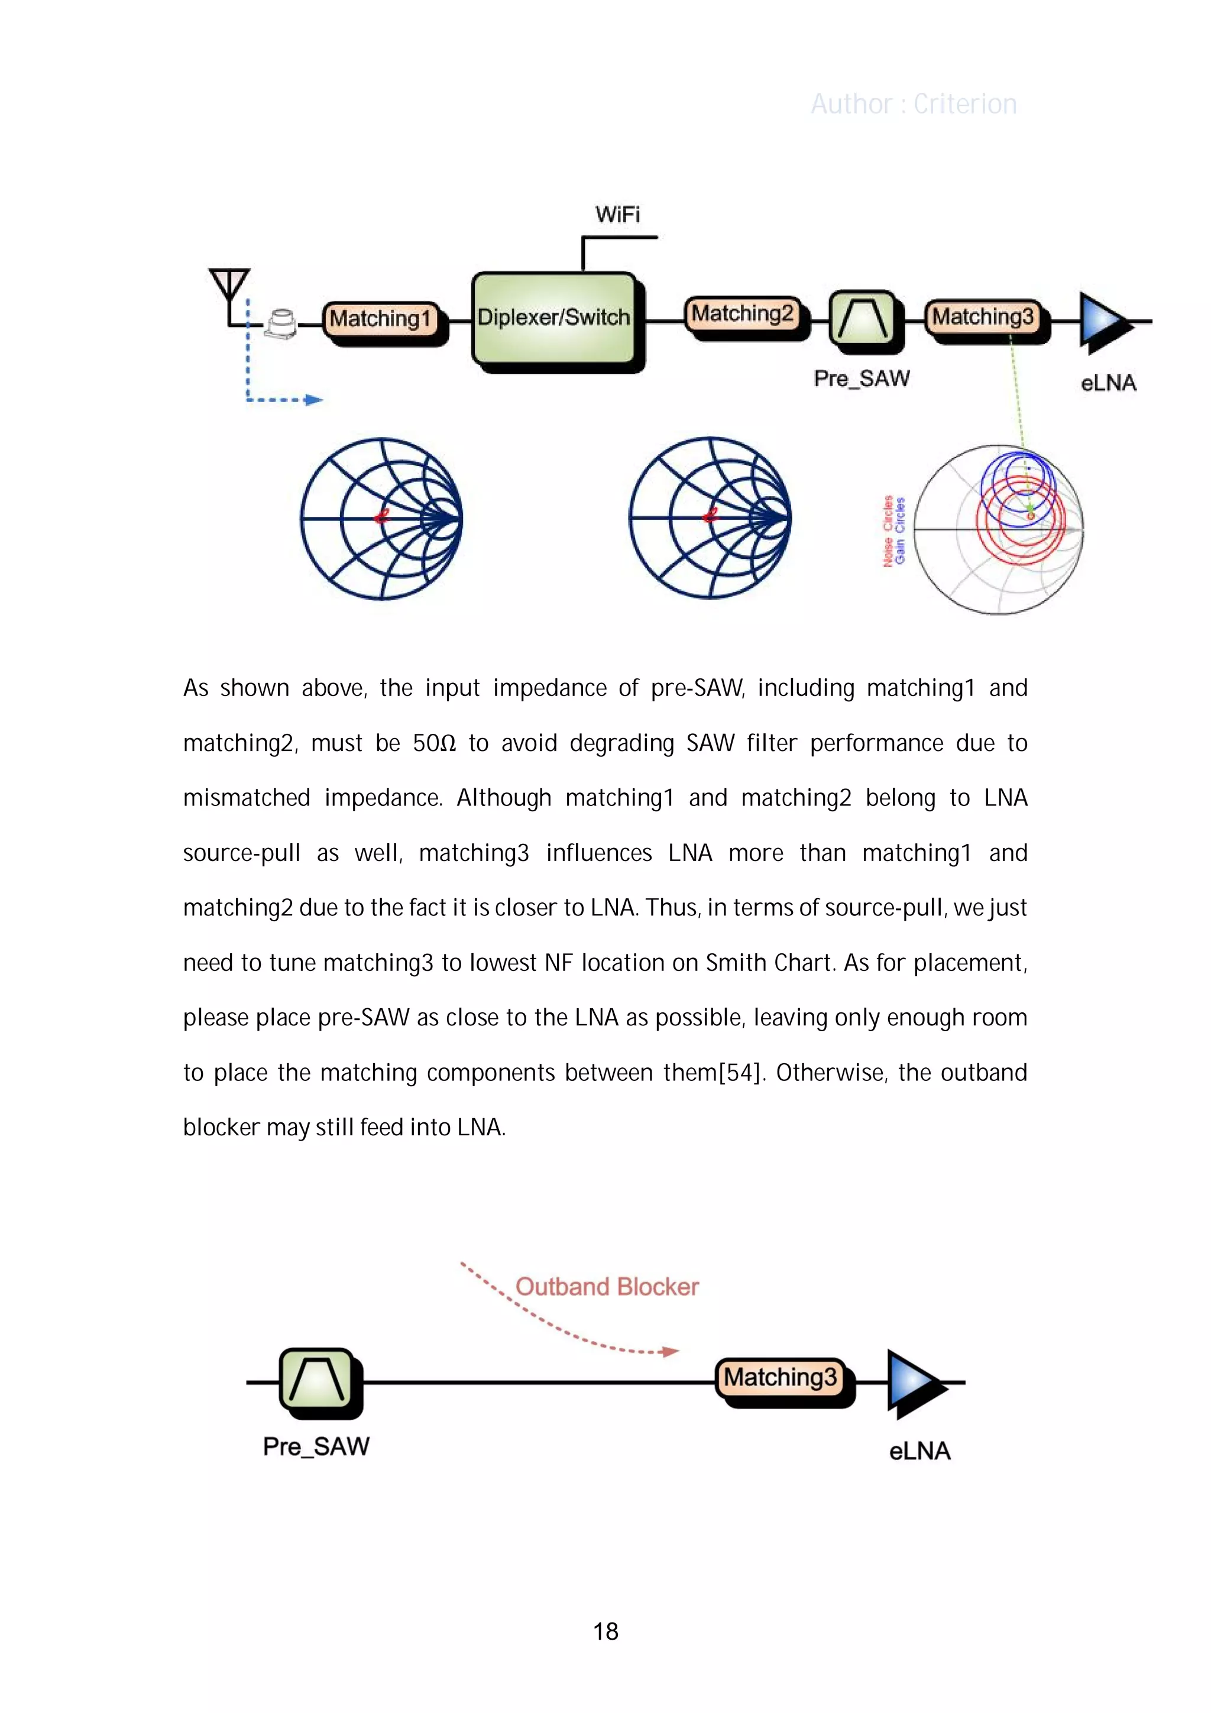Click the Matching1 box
click(x=381, y=319)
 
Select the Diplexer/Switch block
click(x=553, y=318)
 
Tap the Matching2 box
click(x=742, y=313)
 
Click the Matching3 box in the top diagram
click(x=983, y=316)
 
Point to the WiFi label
click(x=617, y=215)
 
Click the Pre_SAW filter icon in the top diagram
click(x=863, y=319)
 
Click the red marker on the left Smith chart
click(x=382, y=516)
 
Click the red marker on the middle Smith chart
click(x=710, y=515)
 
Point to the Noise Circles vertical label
click(x=888, y=530)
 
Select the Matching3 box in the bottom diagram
click(x=781, y=1377)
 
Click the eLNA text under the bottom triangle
click(x=919, y=1451)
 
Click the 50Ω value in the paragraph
click(x=433, y=743)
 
